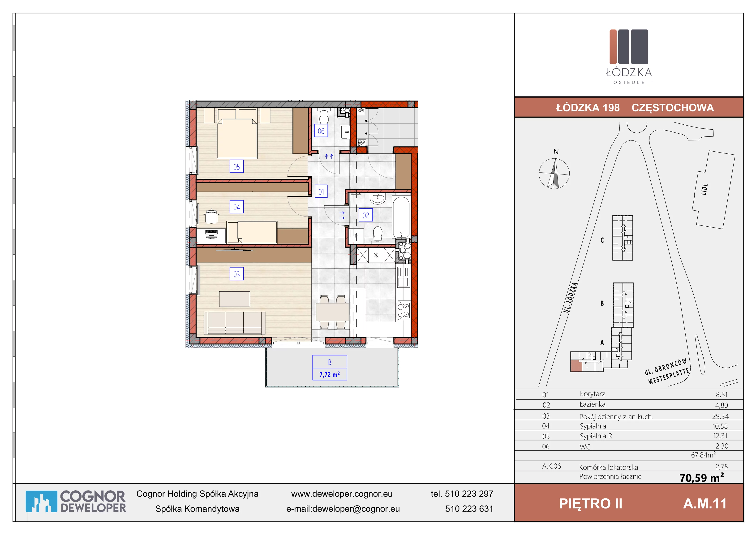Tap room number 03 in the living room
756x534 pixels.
pos(236,274)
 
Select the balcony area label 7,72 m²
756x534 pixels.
pos(330,374)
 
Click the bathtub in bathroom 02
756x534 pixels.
pos(401,217)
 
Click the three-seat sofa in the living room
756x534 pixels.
pos(234,323)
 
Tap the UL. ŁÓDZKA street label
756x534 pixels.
pos(570,297)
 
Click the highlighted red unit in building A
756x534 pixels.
pos(576,366)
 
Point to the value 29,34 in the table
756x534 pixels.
pos(720,416)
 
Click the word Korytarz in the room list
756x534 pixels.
pos(592,394)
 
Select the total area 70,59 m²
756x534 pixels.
pos(702,477)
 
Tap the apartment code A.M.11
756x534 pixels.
pos(705,503)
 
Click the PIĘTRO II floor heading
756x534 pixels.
pos(591,503)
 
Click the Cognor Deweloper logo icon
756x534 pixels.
pos(41,501)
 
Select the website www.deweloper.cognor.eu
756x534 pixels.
pos(342,494)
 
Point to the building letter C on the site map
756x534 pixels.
pos(602,240)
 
